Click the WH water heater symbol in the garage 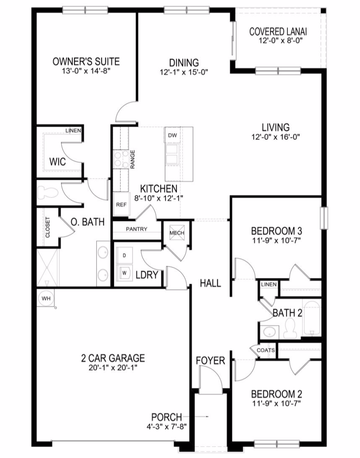(x=46, y=298)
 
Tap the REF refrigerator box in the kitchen (x=121, y=204)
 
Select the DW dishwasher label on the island (x=172, y=135)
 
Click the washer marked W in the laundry (x=124, y=273)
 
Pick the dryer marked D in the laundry (x=124, y=255)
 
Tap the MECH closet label (x=177, y=233)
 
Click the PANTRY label (x=137, y=229)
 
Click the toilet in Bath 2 (x=289, y=328)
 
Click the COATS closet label (x=265, y=350)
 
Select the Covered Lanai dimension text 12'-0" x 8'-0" (x=280, y=40)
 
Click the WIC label (x=58, y=161)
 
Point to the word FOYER (x=210, y=361)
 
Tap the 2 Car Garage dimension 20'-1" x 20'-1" (x=113, y=368)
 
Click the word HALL (x=210, y=283)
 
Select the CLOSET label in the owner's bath (x=48, y=227)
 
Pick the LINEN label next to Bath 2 (x=269, y=284)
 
